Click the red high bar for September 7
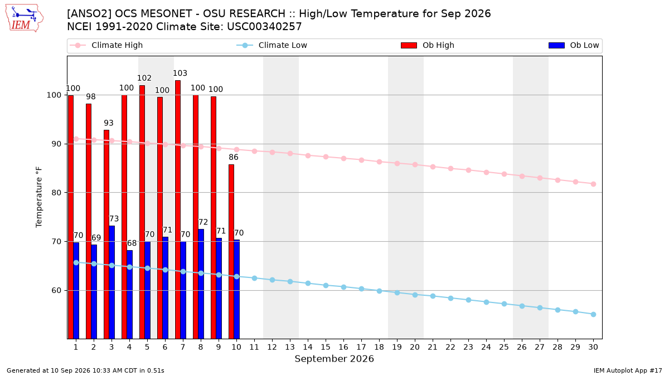[178, 209]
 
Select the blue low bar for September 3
[111, 282]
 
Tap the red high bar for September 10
[231, 252]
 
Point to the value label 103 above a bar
[180, 73]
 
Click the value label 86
[234, 157]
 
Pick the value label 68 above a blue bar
[132, 243]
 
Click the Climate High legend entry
[106, 45]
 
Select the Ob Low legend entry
[574, 45]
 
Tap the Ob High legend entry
[428, 45]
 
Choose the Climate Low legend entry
[272, 45]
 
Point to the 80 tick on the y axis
[56, 193]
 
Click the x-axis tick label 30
[593, 347]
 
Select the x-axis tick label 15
[326, 347]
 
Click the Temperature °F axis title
[39, 197]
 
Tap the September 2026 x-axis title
[334, 359]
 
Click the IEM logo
[25, 18]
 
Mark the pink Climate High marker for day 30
[593, 184]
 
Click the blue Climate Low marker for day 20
[415, 295]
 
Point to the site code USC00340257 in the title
[264, 27]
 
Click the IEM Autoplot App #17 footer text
[628, 370]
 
